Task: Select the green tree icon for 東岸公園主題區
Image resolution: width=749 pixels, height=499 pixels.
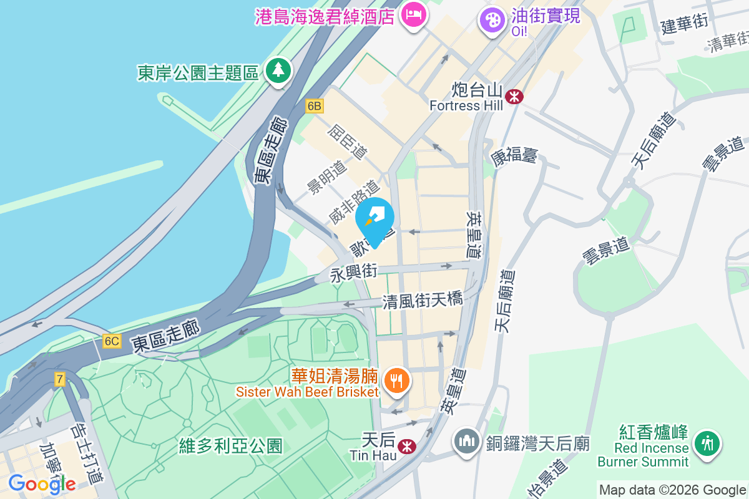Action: pos(277,70)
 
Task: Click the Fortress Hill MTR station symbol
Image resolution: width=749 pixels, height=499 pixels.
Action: pos(515,97)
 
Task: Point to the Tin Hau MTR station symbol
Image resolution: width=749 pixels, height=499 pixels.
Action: pos(407,446)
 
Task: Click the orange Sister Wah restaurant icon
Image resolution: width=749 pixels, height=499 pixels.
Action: pos(396,380)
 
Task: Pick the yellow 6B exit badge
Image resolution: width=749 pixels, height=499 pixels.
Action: pos(314,106)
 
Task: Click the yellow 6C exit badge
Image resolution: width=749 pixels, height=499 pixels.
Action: pos(112,341)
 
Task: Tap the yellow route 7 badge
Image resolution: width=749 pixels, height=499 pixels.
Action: pos(59,379)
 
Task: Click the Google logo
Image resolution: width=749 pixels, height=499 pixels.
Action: pos(42,483)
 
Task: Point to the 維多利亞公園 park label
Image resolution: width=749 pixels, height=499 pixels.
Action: pos(231,446)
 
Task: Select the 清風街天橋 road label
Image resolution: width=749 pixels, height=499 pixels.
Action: pos(423,300)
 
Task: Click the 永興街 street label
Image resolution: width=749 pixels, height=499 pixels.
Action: pos(354,273)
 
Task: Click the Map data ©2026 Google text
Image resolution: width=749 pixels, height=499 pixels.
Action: pos(672,490)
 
